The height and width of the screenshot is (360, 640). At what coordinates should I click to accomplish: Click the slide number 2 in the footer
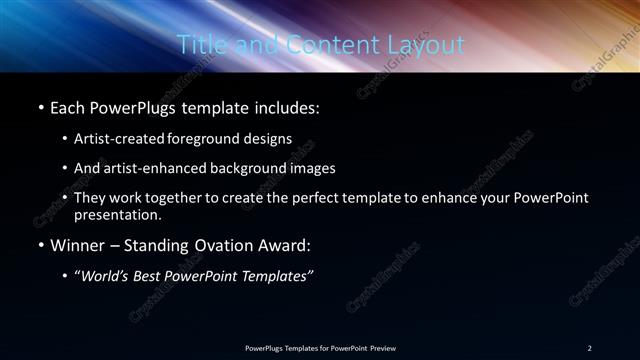pos(589,347)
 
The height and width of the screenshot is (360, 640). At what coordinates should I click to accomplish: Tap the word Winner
pos(77,243)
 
